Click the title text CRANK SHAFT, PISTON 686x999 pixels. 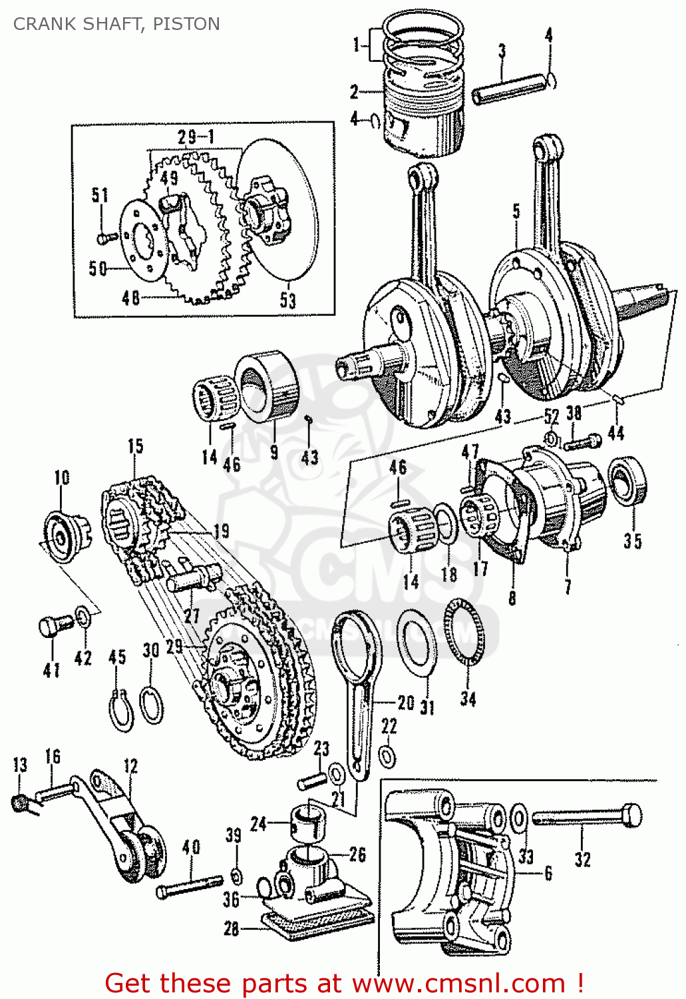[116, 24]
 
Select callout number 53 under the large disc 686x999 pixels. [287, 300]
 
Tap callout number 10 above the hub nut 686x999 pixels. [62, 478]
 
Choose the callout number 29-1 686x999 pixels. [196, 137]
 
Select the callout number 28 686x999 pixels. [231, 928]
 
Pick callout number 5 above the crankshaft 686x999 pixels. [516, 212]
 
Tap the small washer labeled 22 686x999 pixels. [387, 757]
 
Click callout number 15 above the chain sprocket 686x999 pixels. [136, 446]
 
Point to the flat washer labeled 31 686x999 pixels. [417, 642]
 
